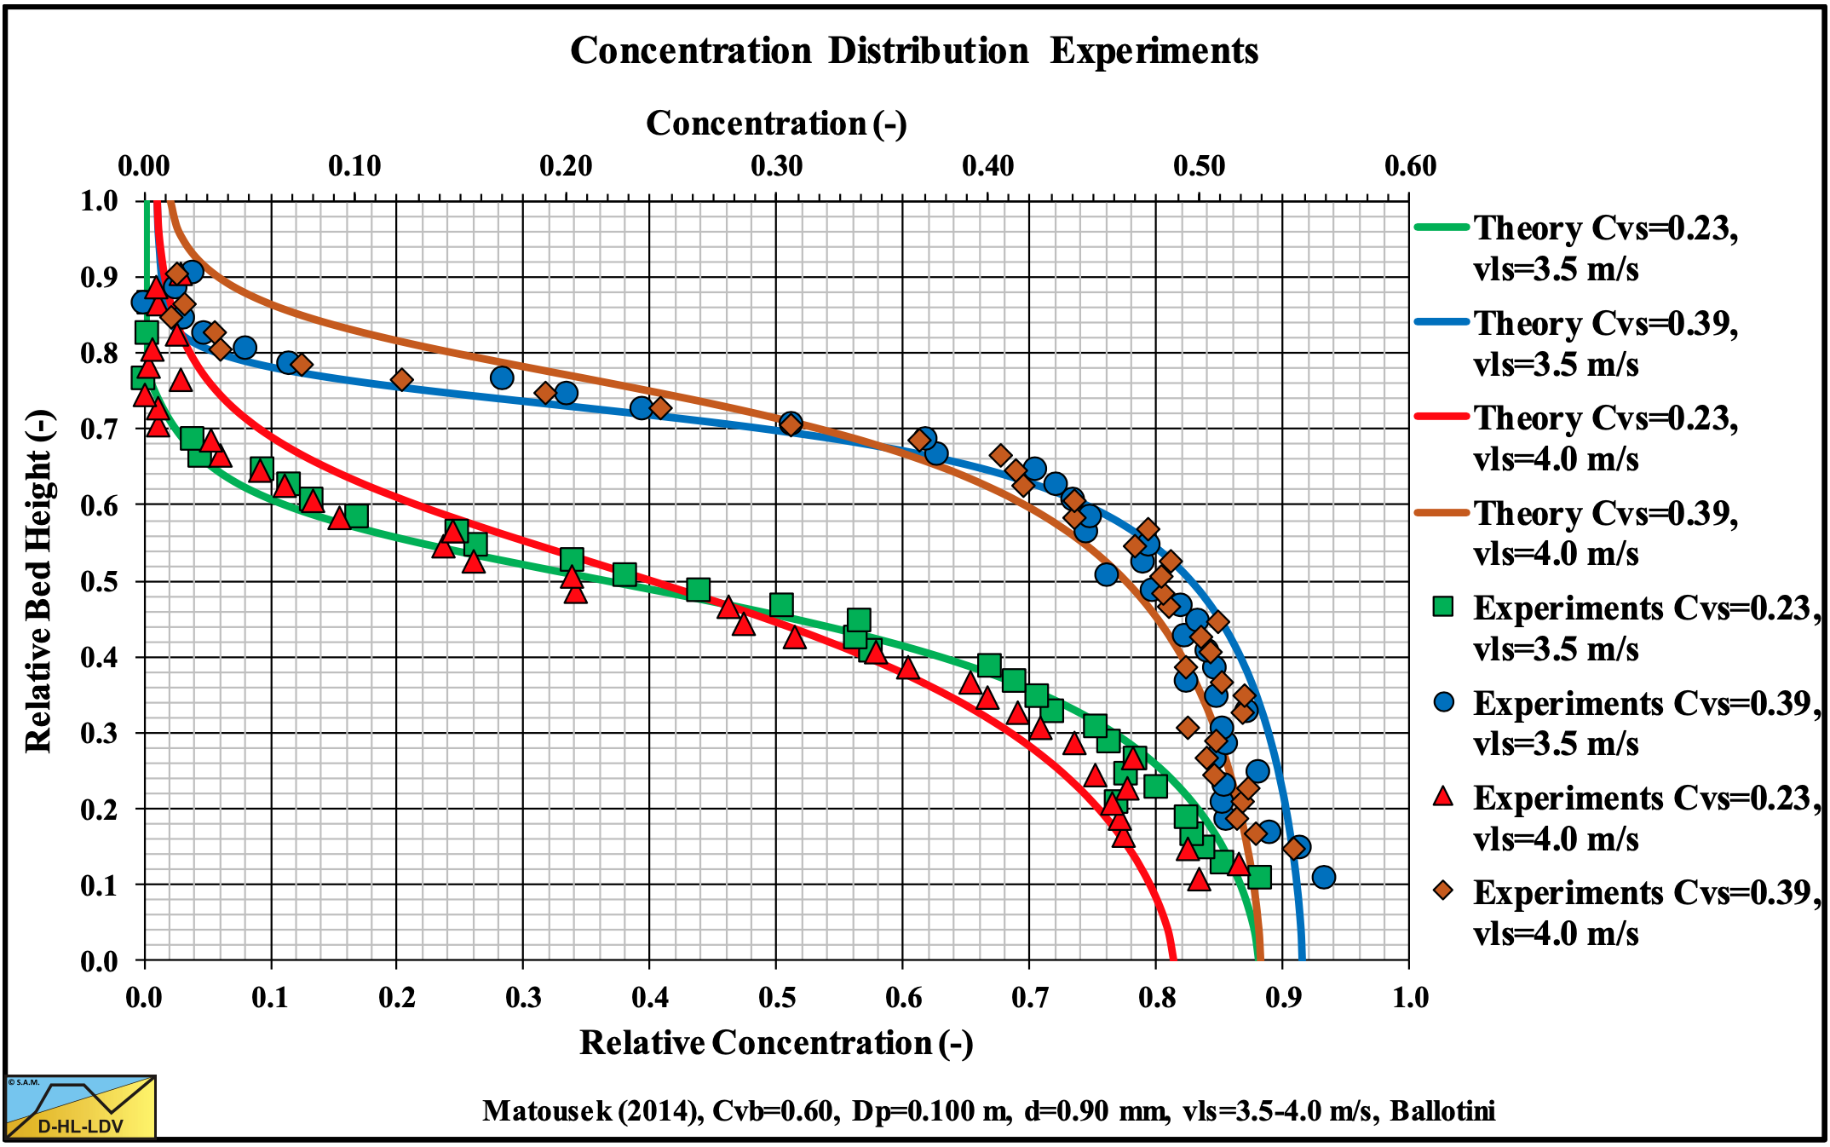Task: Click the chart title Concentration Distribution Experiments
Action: [914, 51]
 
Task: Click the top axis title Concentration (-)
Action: [776, 124]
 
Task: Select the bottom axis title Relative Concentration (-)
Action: [776, 1043]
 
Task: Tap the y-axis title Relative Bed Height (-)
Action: [39, 581]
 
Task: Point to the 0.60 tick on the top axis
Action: [1410, 165]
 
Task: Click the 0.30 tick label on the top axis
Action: [776, 165]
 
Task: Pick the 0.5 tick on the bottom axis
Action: [776, 998]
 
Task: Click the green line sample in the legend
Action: [1442, 228]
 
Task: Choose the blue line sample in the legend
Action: [1442, 322]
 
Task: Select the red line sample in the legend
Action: [1442, 417]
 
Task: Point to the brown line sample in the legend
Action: [1442, 512]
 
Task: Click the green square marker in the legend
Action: [1443, 607]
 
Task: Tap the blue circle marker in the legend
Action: [1443, 702]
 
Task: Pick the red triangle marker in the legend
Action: [1443, 797]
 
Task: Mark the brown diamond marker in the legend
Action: [1443, 891]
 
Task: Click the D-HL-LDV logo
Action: [81, 1107]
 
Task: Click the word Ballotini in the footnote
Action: [1442, 1111]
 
